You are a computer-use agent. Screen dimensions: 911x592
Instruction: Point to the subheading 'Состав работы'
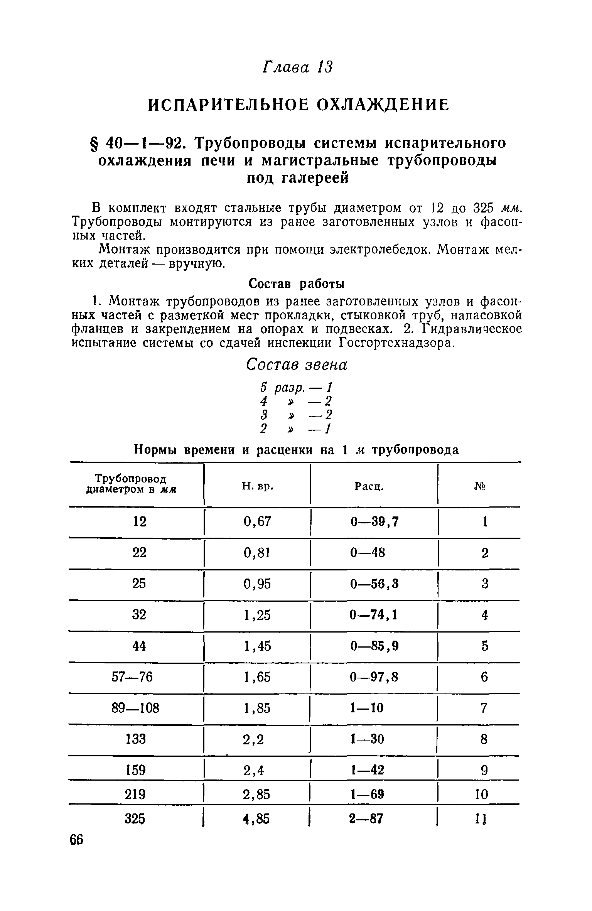(296, 284)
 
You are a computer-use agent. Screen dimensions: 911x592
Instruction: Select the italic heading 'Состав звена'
(297, 364)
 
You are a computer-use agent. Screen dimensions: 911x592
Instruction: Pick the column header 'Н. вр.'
(258, 487)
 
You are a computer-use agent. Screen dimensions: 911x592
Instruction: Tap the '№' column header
(479, 487)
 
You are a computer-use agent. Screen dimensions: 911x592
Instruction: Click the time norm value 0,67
(258, 521)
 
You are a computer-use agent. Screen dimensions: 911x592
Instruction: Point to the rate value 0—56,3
(374, 584)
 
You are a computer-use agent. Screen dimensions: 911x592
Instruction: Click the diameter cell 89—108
(135, 708)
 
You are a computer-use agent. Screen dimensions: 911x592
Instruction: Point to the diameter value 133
(136, 739)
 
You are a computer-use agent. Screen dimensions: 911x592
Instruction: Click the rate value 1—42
(367, 771)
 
